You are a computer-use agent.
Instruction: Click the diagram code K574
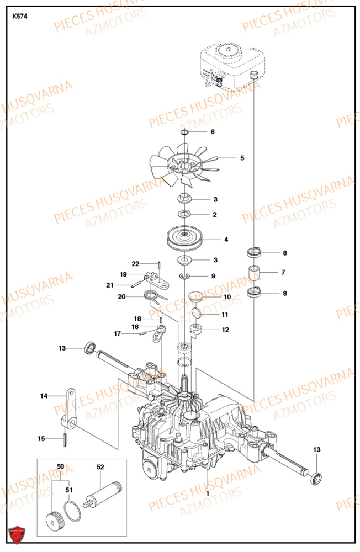coord(20,16)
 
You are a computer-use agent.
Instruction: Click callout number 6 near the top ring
coord(213,132)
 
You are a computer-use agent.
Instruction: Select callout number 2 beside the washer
coord(215,215)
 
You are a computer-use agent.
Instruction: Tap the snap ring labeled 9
coord(185,276)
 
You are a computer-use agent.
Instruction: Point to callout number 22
coord(135,263)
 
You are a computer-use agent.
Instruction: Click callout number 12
coord(226,330)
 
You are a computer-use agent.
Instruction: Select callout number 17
coord(117,333)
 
